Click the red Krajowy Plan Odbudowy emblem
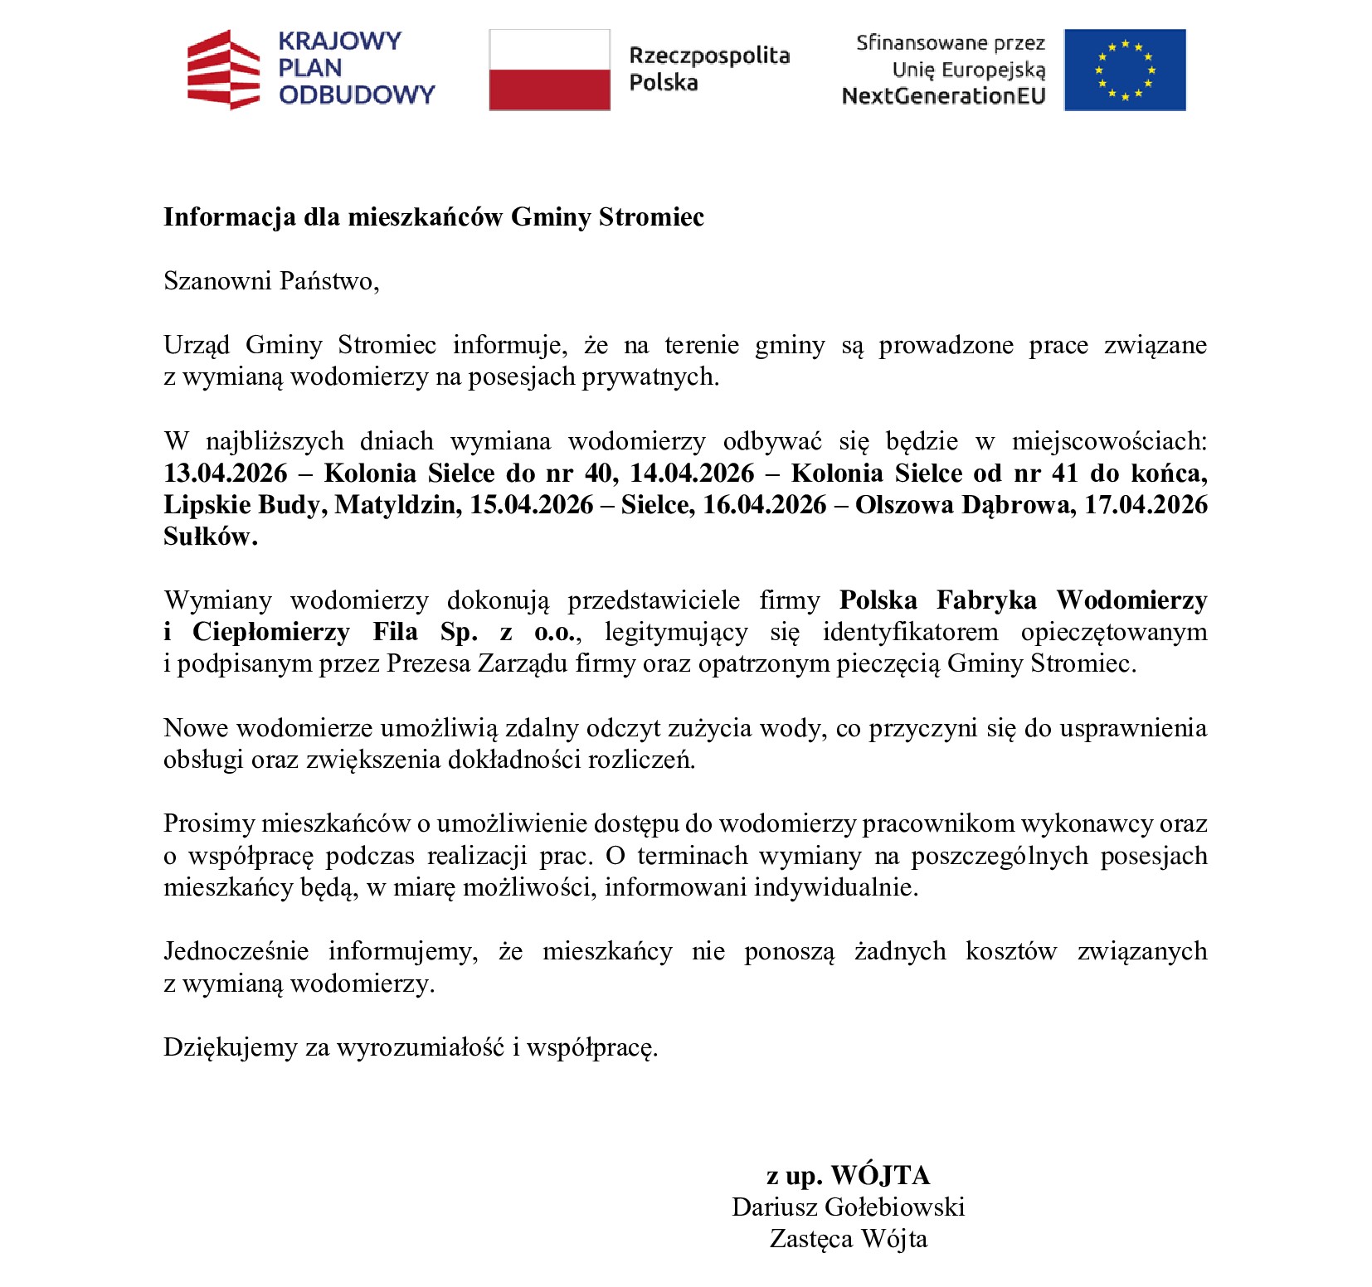click(223, 70)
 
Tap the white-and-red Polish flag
click(549, 70)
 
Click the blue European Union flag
click(1124, 70)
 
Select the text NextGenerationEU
click(943, 96)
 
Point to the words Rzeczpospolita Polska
click(708, 69)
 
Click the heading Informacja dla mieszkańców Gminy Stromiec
click(433, 216)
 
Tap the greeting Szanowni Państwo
click(271, 281)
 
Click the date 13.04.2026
click(226, 473)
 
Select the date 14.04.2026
click(692, 473)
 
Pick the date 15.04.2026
click(532, 504)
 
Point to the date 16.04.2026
click(765, 504)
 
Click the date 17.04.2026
click(1146, 504)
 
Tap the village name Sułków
click(210, 537)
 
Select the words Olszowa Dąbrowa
click(966, 504)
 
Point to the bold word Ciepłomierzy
click(271, 632)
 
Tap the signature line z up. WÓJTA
click(848, 1175)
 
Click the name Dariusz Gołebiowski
click(848, 1207)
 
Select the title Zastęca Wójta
click(848, 1239)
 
